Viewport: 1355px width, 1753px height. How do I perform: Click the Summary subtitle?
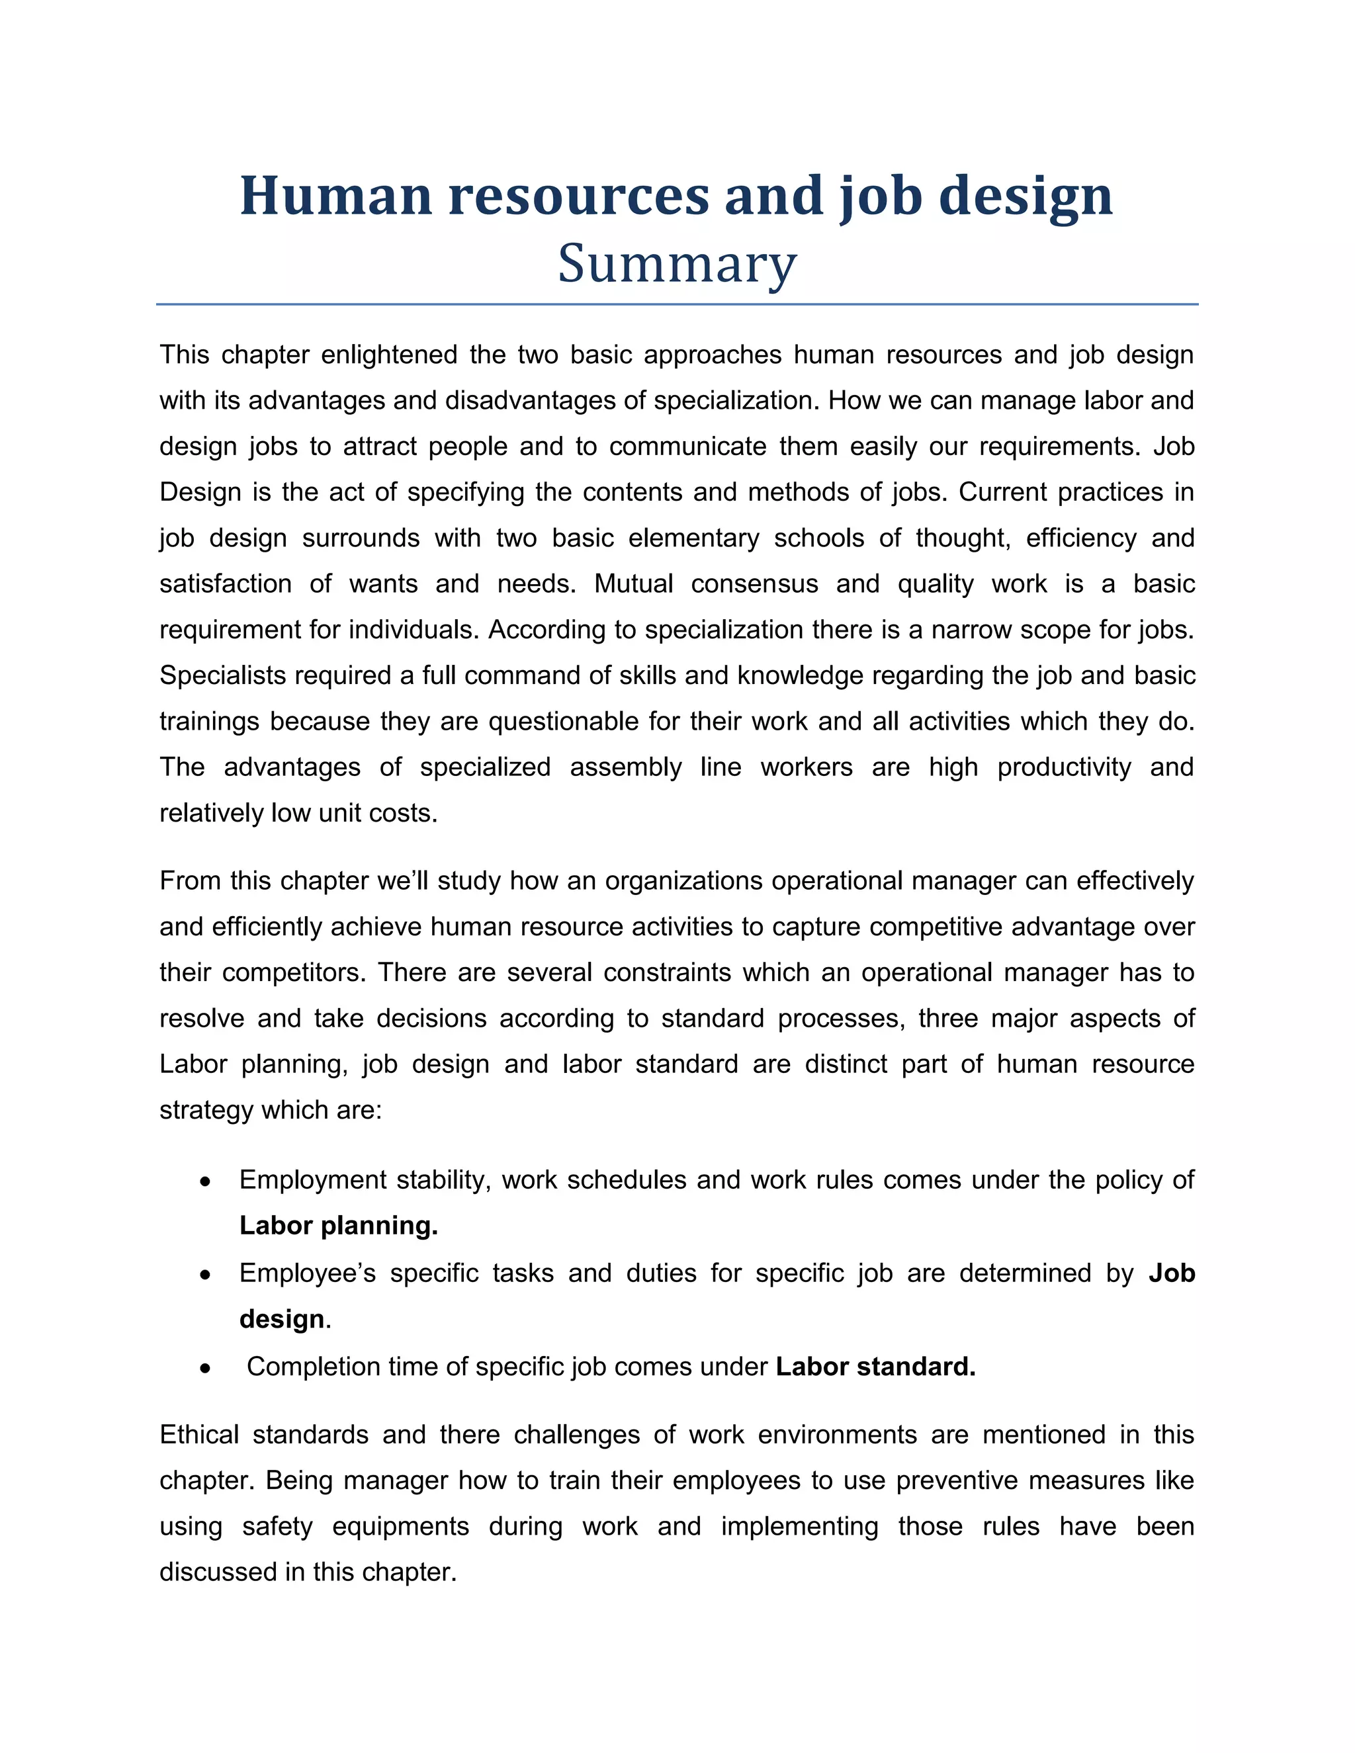677,264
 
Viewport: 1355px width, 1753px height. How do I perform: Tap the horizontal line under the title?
677,304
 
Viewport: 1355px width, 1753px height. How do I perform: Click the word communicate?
688,447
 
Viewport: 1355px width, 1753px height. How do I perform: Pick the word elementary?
693,538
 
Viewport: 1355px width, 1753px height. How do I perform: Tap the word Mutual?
633,583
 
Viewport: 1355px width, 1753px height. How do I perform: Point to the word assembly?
625,767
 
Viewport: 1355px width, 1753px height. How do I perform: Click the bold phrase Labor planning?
338,1226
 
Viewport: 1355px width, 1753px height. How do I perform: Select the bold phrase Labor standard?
875,1367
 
